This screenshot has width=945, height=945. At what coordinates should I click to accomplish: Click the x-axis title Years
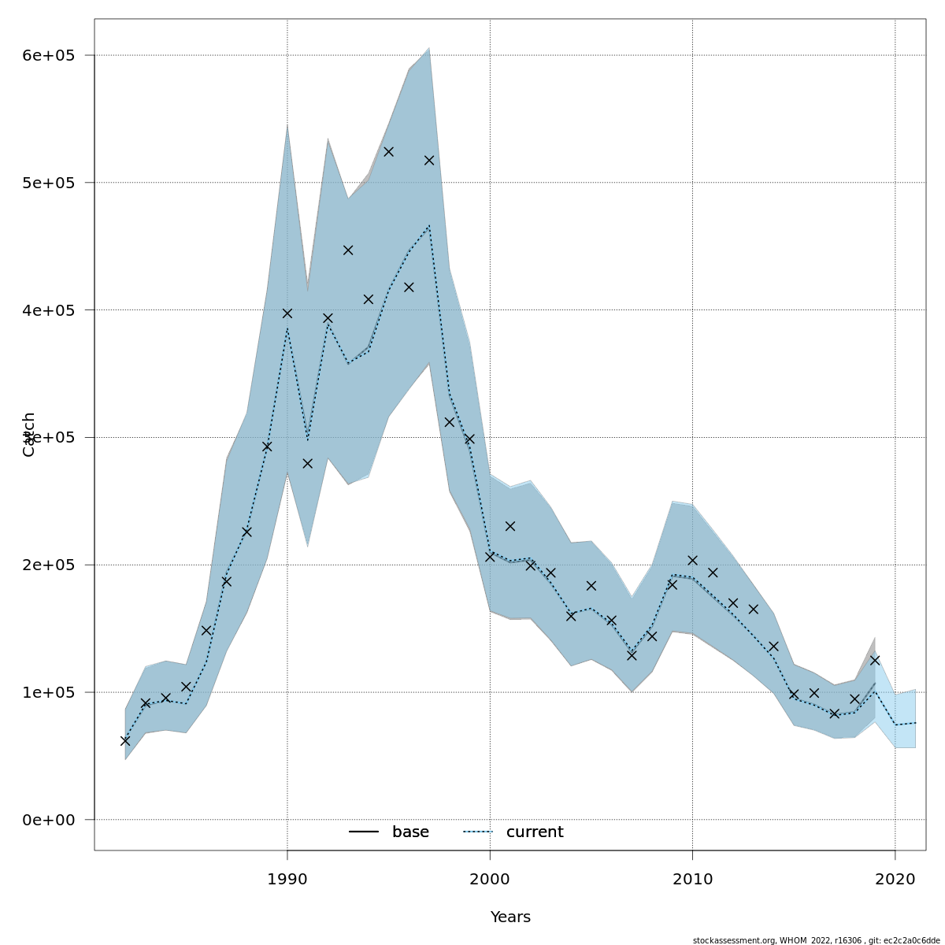point(510,917)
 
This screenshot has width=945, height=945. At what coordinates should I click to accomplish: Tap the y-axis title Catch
point(29,434)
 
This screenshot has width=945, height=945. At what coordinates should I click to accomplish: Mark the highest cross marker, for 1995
point(388,151)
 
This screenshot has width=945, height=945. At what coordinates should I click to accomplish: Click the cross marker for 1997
point(429,160)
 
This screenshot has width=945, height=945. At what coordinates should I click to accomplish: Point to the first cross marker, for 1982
point(125,741)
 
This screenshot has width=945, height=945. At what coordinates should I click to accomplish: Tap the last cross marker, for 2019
point(875,660)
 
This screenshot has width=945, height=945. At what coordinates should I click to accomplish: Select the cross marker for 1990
point(287,313)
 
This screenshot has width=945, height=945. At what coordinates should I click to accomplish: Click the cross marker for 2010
point(693,561)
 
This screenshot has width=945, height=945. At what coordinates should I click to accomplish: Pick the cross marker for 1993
point(348,250)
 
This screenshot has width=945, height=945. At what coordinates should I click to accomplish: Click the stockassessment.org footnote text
point(816,940)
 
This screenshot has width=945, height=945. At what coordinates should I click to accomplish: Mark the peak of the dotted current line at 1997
point(429,226)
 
